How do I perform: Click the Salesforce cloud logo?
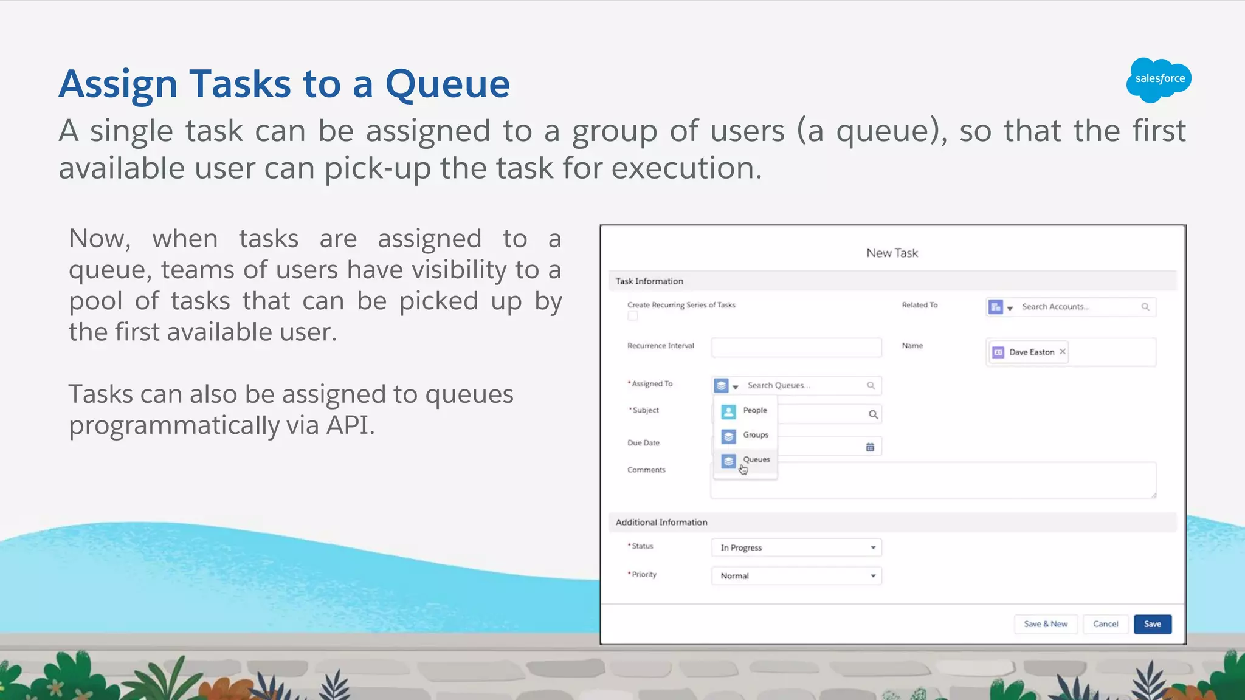1159,79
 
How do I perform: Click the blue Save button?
1152,624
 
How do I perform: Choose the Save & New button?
1045,624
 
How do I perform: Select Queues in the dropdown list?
756,460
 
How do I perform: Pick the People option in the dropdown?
754,411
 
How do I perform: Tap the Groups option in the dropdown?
755,435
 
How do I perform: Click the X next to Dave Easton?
1063,352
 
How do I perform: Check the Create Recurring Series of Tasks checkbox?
633,316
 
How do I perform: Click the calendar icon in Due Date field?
870,447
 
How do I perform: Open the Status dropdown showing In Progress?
796,547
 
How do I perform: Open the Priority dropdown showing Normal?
796,576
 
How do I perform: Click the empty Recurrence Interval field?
796,348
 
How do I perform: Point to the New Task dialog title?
892,253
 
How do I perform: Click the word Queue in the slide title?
447,84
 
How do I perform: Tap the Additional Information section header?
661,523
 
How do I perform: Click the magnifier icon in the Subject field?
873,414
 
